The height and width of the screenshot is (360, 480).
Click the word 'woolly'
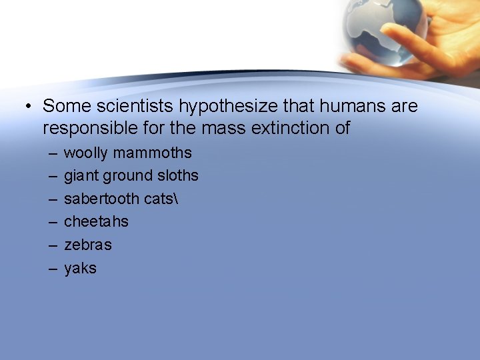85,153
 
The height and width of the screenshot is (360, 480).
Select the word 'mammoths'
152,153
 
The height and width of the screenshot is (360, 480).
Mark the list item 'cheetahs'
96,221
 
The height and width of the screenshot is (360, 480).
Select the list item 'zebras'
88,245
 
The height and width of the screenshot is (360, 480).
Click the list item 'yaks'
80,268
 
